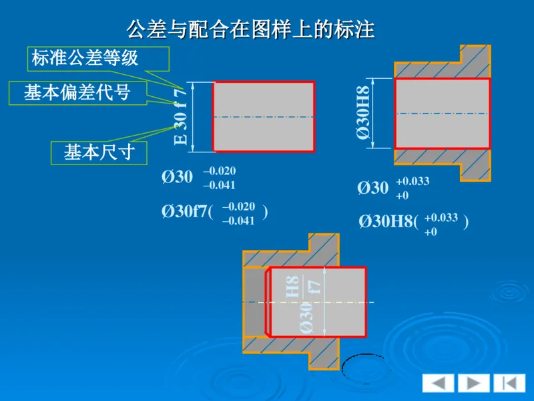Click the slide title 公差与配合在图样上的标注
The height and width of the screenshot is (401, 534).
(x=250, y=29)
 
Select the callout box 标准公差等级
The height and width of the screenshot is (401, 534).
(x=85, y=58)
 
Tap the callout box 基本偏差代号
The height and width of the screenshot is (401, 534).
(x=77, y=93)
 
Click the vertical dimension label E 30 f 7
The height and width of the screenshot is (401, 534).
(x=181, y=116)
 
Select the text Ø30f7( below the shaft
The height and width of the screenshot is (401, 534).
(x=187, y=213)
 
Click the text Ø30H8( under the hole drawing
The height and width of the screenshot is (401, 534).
(x=388, y=222)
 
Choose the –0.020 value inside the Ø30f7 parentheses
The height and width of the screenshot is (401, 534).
(x=238, y=207)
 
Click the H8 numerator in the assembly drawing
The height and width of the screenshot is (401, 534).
(x=292, y=287)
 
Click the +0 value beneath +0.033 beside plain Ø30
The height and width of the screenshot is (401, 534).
(x=403, y=196)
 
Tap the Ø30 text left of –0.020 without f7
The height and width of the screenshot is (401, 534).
(x=177, y=177)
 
